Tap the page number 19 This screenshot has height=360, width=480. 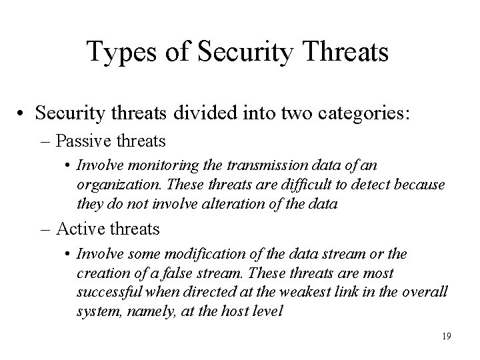[x=445, y=337]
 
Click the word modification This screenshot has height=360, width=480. [x=179, y=255]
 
